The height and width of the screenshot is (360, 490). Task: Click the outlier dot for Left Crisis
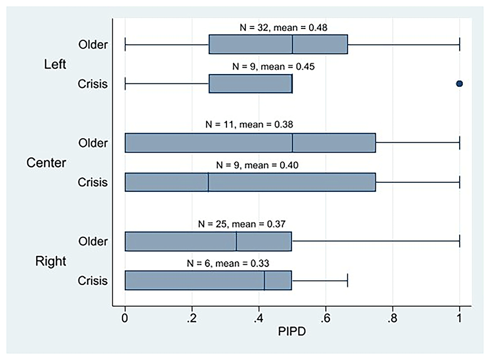tap(460, 83)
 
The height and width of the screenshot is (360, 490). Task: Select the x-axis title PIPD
tap(292, 332)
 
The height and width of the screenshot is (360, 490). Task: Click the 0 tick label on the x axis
tap(125, 318)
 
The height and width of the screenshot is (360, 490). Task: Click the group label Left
tap(55, 64)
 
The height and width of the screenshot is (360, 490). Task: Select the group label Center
tap(46, 163)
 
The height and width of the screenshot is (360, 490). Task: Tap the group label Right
tap(50, 261)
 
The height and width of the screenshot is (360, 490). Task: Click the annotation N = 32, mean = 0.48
tap(284, 27)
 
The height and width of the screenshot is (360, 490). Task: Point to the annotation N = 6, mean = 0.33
tap(228, 263)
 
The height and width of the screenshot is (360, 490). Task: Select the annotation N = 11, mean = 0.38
tap(249, 125)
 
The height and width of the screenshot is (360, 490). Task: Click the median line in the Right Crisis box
tap(265, 281)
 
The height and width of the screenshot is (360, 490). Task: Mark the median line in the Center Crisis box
tap(208, 182)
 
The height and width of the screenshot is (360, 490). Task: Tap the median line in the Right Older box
tap(237, 241)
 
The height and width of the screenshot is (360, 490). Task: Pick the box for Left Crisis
tap(250, 83)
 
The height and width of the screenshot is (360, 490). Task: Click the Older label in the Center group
tap(93, 143)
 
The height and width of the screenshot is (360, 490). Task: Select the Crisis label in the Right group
tap(93, 281)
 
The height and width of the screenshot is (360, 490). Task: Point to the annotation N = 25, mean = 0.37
tap(242, 224)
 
